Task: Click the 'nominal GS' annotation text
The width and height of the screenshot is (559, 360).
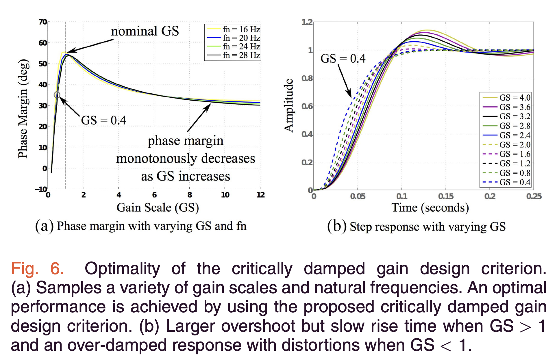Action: pyautogui.click(x=145, y=31)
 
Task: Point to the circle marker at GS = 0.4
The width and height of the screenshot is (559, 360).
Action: pyautogui.click(x=57, y=95)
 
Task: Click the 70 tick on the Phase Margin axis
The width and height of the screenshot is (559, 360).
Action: pyautogui.click(x=43, y=22)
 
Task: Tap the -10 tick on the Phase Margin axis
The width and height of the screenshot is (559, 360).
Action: pyautogui.click(x=41, y=189)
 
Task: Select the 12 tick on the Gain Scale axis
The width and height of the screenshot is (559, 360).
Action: pyautogui.click(x=260, y=195)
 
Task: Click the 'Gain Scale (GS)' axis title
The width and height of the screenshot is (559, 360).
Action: pyautogui.click(x=158, y=207)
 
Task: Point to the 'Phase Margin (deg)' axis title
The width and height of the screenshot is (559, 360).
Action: pyautogui.click(x=23, y=109)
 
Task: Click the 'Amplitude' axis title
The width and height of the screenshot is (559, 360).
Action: pyautogui.click(x=288, y=105)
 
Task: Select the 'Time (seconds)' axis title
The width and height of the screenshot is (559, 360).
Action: pyautogui.click(x=430, y=207)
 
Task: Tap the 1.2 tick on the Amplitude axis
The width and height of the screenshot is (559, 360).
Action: pyautogui.click(x=307, y=22)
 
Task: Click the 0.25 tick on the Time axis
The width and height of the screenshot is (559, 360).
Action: pyautogui.click(x=534, y=196)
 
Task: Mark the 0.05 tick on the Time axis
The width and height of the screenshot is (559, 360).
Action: pyautogui.click(x=358, y=196)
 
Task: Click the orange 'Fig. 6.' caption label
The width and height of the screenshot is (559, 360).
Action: pyautogui.click(x=37, y=268)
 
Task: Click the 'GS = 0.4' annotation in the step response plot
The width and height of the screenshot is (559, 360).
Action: pyautogui.click(x=343, y=59)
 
